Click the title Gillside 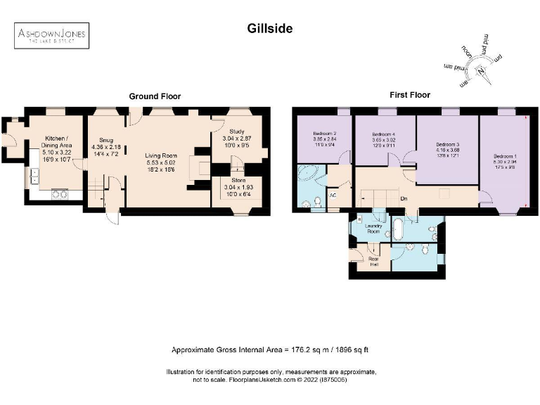tap(269, 29)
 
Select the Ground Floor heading tap(155, 96)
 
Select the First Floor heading tap(410, 94)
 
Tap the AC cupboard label tap(332, 195)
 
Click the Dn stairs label tap(404, 198)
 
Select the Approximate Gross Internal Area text tap(270, 350)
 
